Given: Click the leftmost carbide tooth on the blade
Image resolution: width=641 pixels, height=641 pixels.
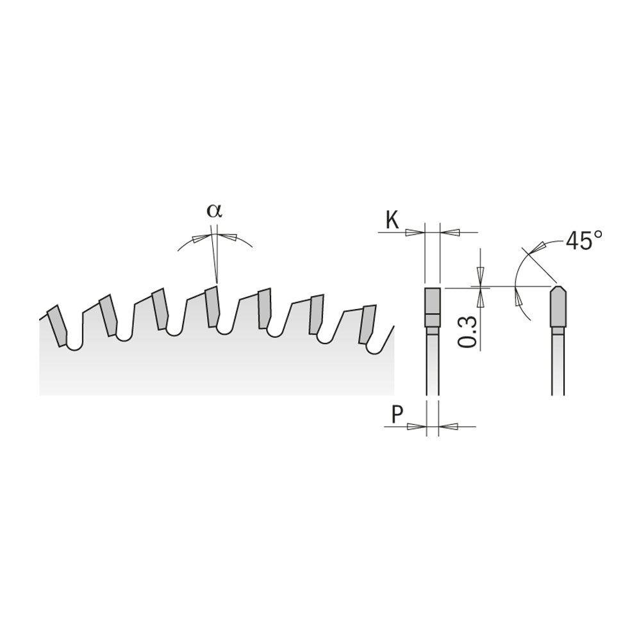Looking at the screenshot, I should (56, 325).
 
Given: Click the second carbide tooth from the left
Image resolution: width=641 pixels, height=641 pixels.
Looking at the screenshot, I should (107, 314).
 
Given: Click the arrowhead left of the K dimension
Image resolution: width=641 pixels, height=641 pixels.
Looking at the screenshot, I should (417, 231).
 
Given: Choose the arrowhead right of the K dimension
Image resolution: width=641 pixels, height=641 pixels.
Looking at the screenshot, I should (449, 231).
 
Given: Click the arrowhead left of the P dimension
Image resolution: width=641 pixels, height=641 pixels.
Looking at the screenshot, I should (419, 426).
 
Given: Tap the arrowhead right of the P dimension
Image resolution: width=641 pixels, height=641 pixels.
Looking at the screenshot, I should (447, 426).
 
